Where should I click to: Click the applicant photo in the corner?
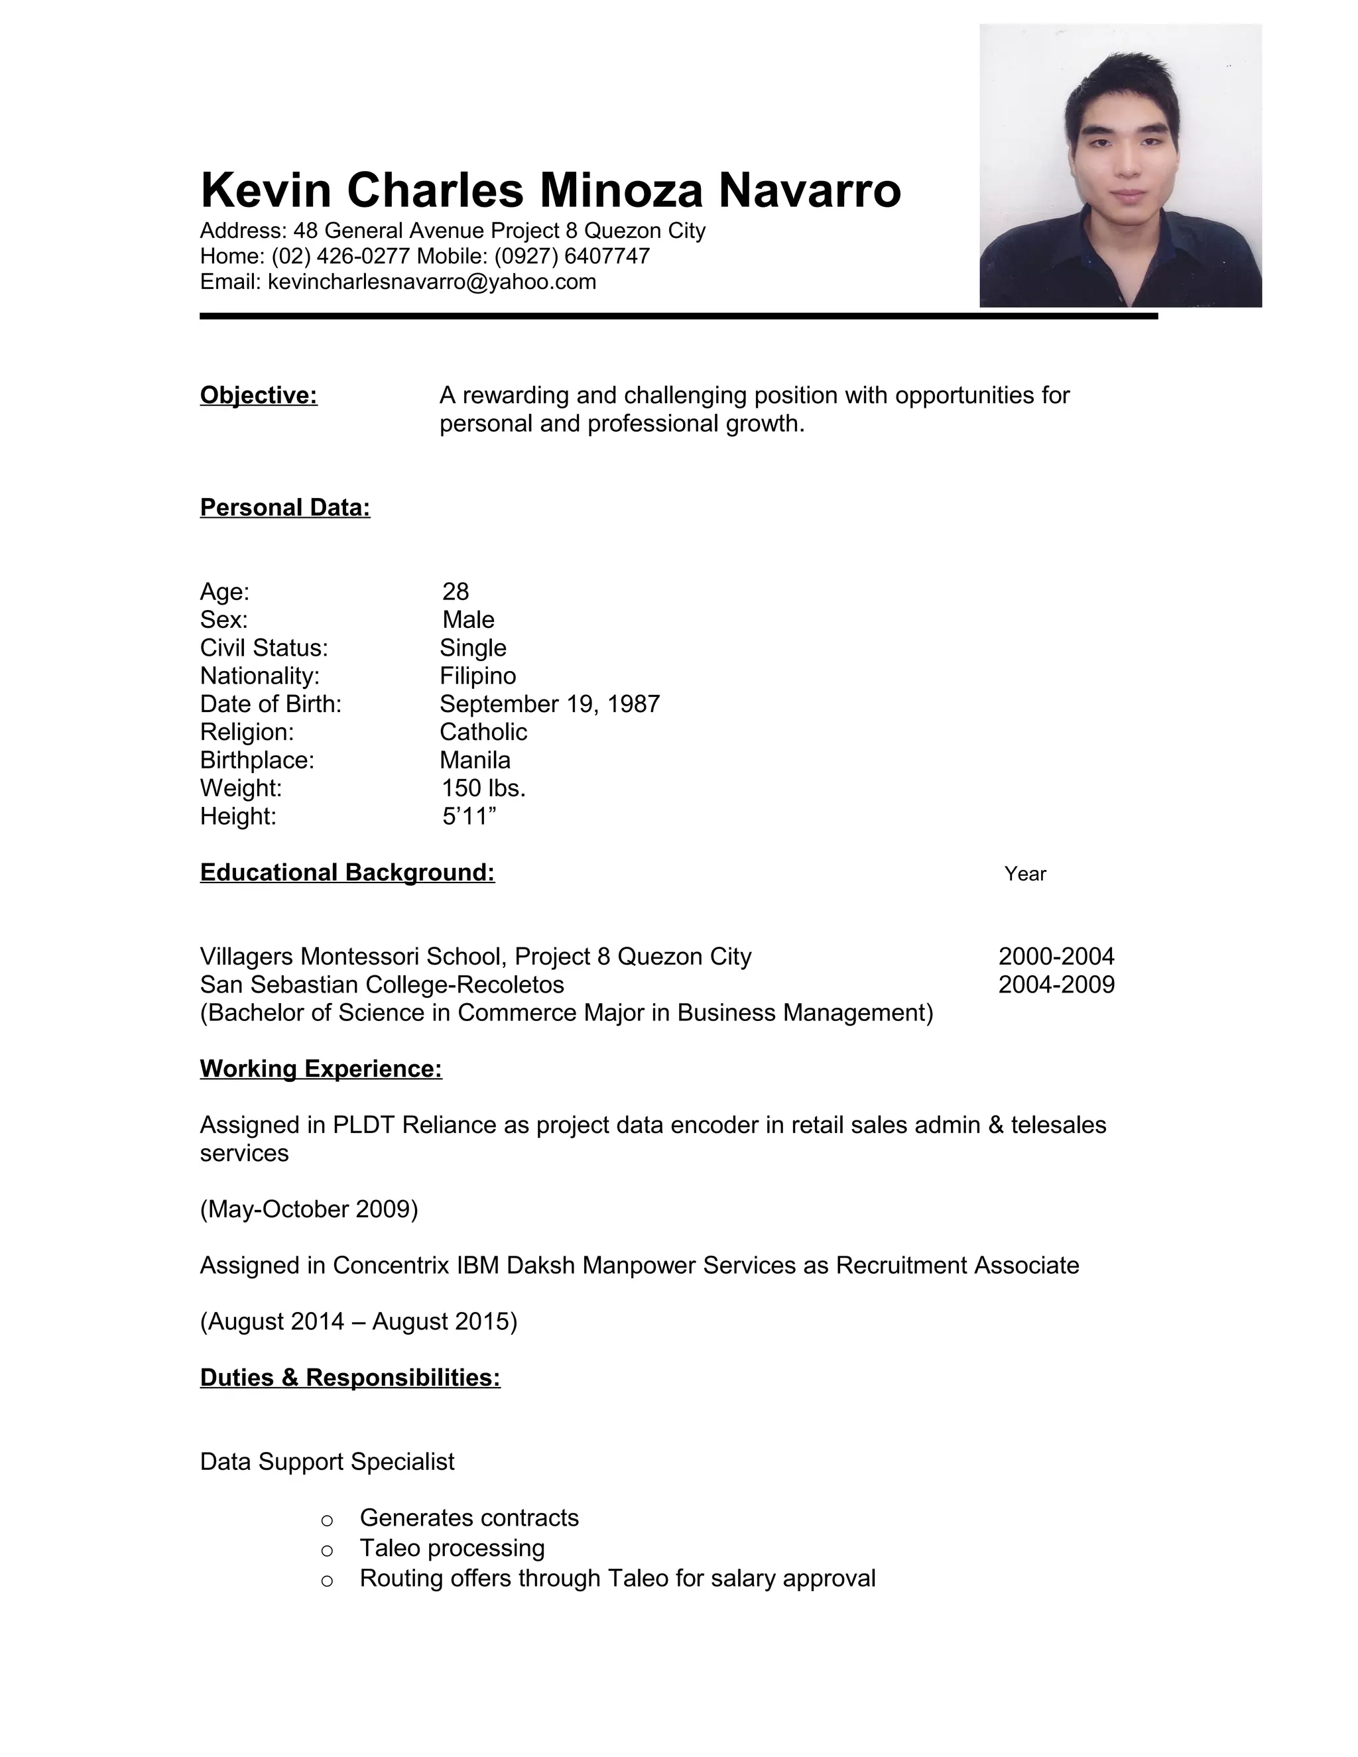[x=1120, y=165]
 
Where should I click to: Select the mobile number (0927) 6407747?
[x=572, y=256]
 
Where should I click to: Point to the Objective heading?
[x=258, y=395]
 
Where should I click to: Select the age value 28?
[x=456, y=591]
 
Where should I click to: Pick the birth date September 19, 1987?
[x=550, y=704]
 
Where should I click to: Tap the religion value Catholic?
[x=483, y=732]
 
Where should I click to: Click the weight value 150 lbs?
[x=483, y=788]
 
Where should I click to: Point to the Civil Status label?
[x=264, y=648]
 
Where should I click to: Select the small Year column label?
[x=1025, y=874]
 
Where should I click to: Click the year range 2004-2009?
[x=1056, y=984]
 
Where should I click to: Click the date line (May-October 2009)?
[x=309, y=1209]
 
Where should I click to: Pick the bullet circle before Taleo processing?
[x=327, y=1550]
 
